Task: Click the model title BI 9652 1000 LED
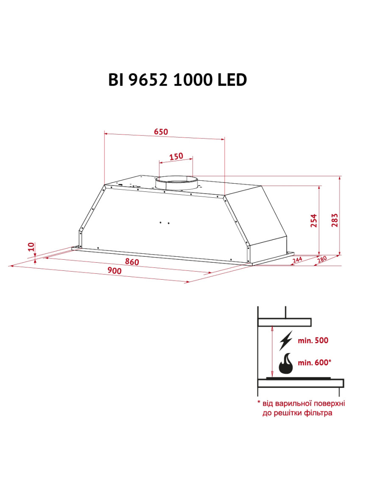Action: coord(177,80)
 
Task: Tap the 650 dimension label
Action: coord(161,132)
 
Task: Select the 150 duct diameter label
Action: coord(176,157)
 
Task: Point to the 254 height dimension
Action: coord(313,220)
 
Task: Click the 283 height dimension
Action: coord(335,220)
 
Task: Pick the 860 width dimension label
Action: coord(132,262)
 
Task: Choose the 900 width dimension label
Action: coord(114,271)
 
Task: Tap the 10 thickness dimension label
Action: coord(31,247)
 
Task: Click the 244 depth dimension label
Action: coord(297,260)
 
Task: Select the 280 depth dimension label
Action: coord(322,259)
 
